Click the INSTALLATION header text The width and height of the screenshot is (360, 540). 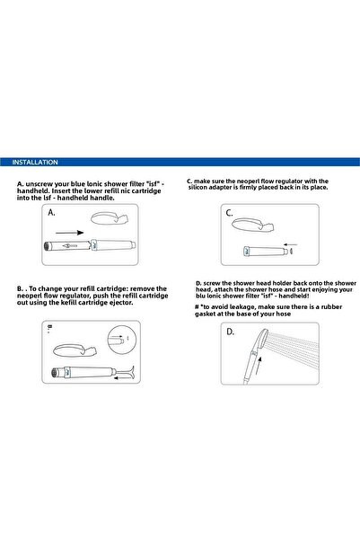tap(35, 163)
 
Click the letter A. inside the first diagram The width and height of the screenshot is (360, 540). tap(53, 215)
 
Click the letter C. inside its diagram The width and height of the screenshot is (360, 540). tap(230, 214)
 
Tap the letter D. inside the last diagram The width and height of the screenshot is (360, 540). tap(231, 332)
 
